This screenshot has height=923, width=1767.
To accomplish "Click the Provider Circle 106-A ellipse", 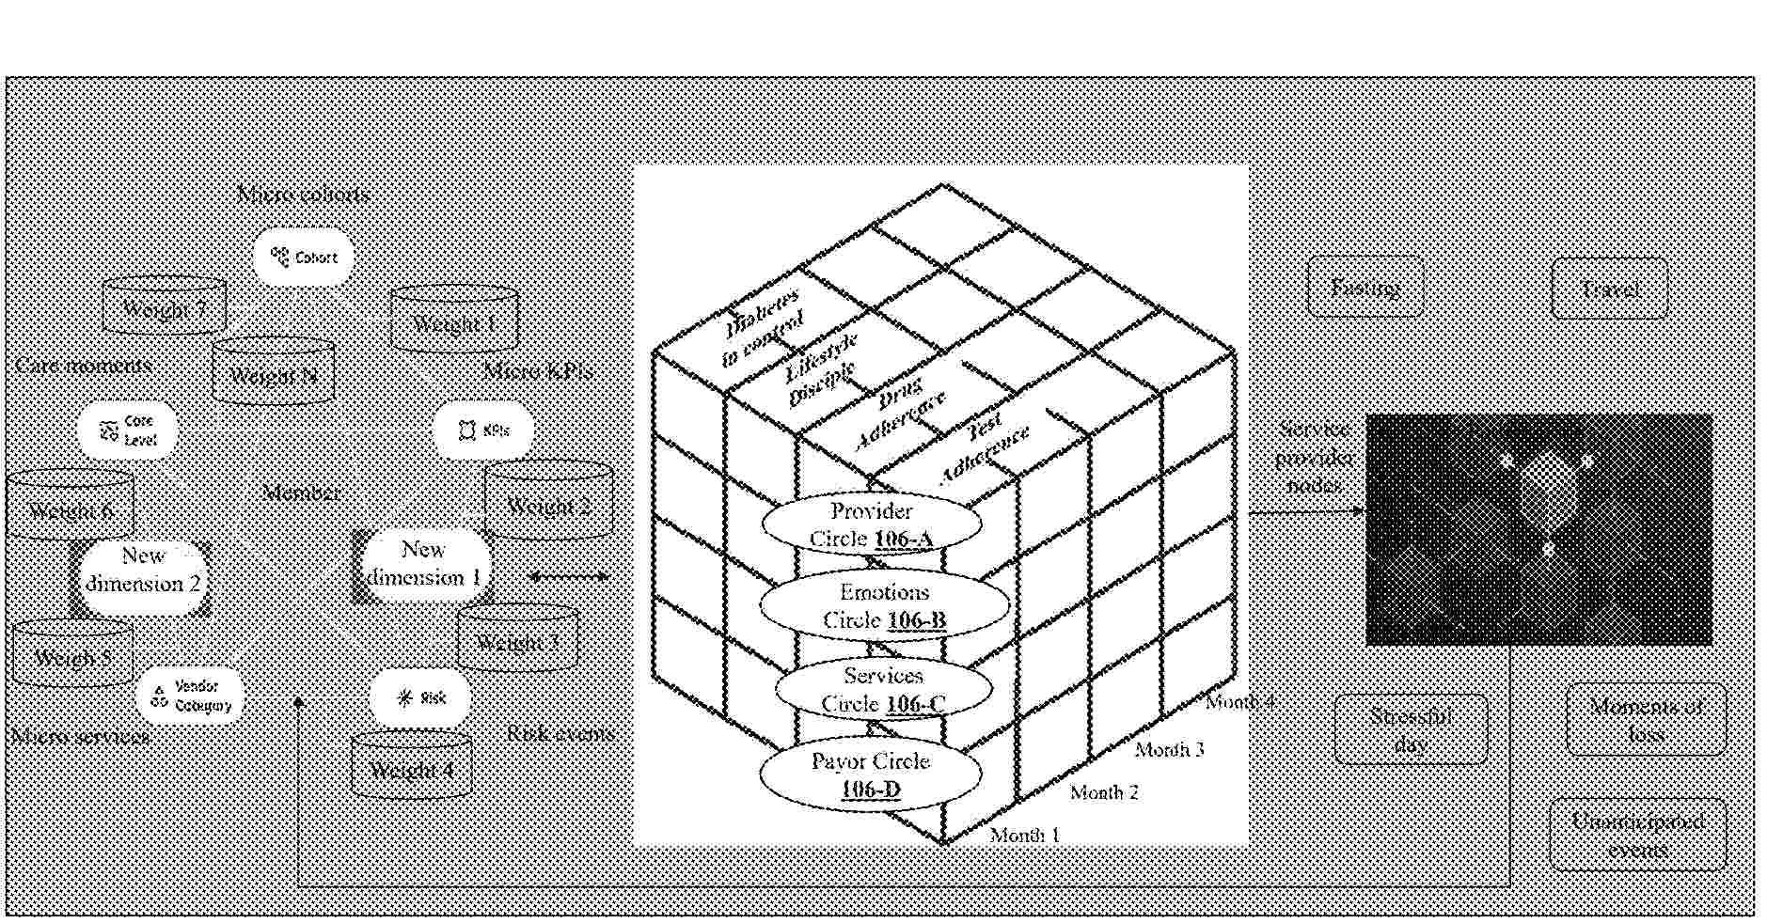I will [x=870, y=524].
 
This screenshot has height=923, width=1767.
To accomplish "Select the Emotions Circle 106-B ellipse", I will [x=884, y=605].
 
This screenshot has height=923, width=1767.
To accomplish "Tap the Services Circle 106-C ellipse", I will [x=883, y=689].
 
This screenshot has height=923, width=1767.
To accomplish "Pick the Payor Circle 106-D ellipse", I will [x=870, y=774].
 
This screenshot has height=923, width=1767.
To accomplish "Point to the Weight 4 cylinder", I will [x=412, y=766].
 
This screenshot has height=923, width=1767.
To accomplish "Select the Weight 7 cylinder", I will [x=164, y=306].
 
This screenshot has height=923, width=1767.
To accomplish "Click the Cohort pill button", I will [x=304, y=257].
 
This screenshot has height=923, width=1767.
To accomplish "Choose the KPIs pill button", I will [x=483, y=430].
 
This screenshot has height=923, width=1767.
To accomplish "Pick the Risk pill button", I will [x=420, y=697].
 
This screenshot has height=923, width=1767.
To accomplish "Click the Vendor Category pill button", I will [x=191, y=696].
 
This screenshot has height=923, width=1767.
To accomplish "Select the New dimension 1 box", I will [x=423, y=564].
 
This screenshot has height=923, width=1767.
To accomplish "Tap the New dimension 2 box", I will [x=143, y=571].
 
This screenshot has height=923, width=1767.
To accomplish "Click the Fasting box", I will [x=1365, y=287].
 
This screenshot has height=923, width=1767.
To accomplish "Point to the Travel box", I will [x=1609, y=289].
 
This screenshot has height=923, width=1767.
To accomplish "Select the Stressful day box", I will [x=1411, y=729].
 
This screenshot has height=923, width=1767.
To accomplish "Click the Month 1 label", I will [x=1024, y=835].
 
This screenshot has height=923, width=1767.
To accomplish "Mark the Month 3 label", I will [x=1169, y=749].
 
